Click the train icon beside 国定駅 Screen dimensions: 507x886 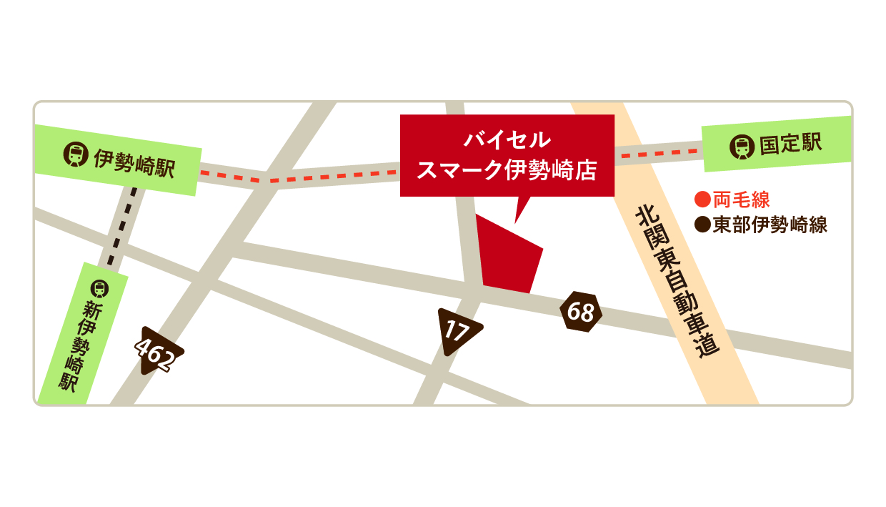pyautogui.click(x=742, y=147)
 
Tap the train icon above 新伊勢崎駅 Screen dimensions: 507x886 pyautogui.click(x=99, y=288)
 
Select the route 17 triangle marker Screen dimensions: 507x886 pyautogui.click(x=457, y=330)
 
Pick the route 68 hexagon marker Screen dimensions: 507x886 pyautogui.click(x=581, y=312)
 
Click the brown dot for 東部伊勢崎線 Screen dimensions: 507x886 pyautogui.click(x=702, y=225)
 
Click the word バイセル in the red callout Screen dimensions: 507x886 pyautogui.click(x=507, y=139)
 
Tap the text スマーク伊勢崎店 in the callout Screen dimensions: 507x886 pyautogui.click(x=507, y=170)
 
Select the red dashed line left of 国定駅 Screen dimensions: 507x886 pyautogui.click(x=657, y=153)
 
